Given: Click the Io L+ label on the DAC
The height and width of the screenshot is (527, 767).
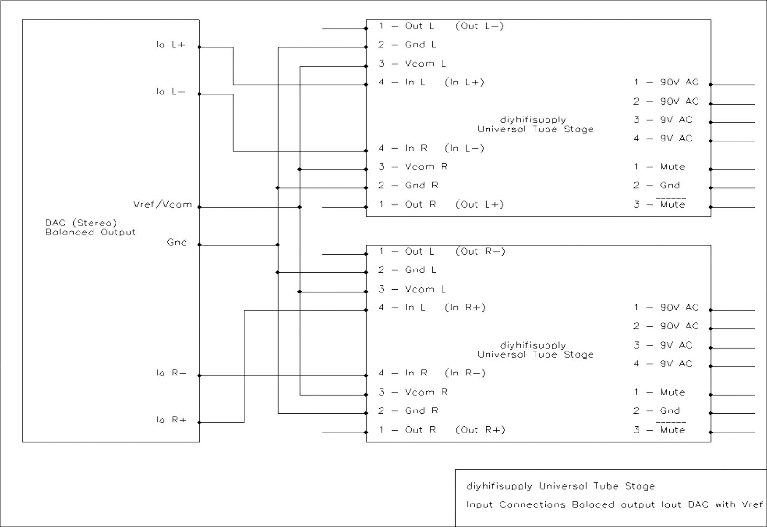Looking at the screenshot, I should coord(171,45).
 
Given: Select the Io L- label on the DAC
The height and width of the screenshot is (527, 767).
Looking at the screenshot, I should coord(171,92).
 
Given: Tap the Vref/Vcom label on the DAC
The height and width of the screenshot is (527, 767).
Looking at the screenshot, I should coord(163,205).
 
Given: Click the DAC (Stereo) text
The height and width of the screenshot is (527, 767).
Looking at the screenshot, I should coord(81,223).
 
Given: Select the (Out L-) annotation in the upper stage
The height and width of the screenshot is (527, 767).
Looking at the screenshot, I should coord(480,26).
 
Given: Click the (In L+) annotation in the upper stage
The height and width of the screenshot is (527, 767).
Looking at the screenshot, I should coord(465,82).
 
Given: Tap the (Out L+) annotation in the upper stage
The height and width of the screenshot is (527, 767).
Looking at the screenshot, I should coord(480,205).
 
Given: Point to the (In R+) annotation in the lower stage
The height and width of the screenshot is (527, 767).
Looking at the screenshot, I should coord(465,308).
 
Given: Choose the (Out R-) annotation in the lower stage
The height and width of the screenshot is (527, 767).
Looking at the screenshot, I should coord(480,252).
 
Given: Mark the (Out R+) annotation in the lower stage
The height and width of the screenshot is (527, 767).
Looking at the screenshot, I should coord(480,430).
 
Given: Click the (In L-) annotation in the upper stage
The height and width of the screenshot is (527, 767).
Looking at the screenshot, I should coord(465,149).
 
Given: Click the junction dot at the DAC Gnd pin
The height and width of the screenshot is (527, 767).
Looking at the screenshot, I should coord(200,245).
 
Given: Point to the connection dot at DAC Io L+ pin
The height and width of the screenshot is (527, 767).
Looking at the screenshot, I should coord(200,47).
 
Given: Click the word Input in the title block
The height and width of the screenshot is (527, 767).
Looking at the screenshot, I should coord(479,505).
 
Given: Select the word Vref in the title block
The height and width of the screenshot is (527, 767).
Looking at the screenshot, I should coord(751,504).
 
